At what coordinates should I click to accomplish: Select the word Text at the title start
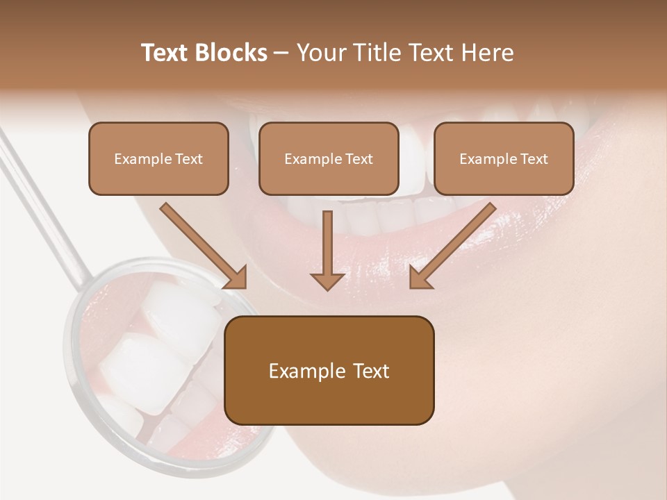pos(165,53)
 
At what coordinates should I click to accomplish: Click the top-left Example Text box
pos(158,158)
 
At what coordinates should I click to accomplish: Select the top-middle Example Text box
pos(329,158)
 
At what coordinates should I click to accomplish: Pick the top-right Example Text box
pos(504,158)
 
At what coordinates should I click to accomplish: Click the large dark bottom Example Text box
pos(329,370)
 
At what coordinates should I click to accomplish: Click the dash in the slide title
pos(281,53)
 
